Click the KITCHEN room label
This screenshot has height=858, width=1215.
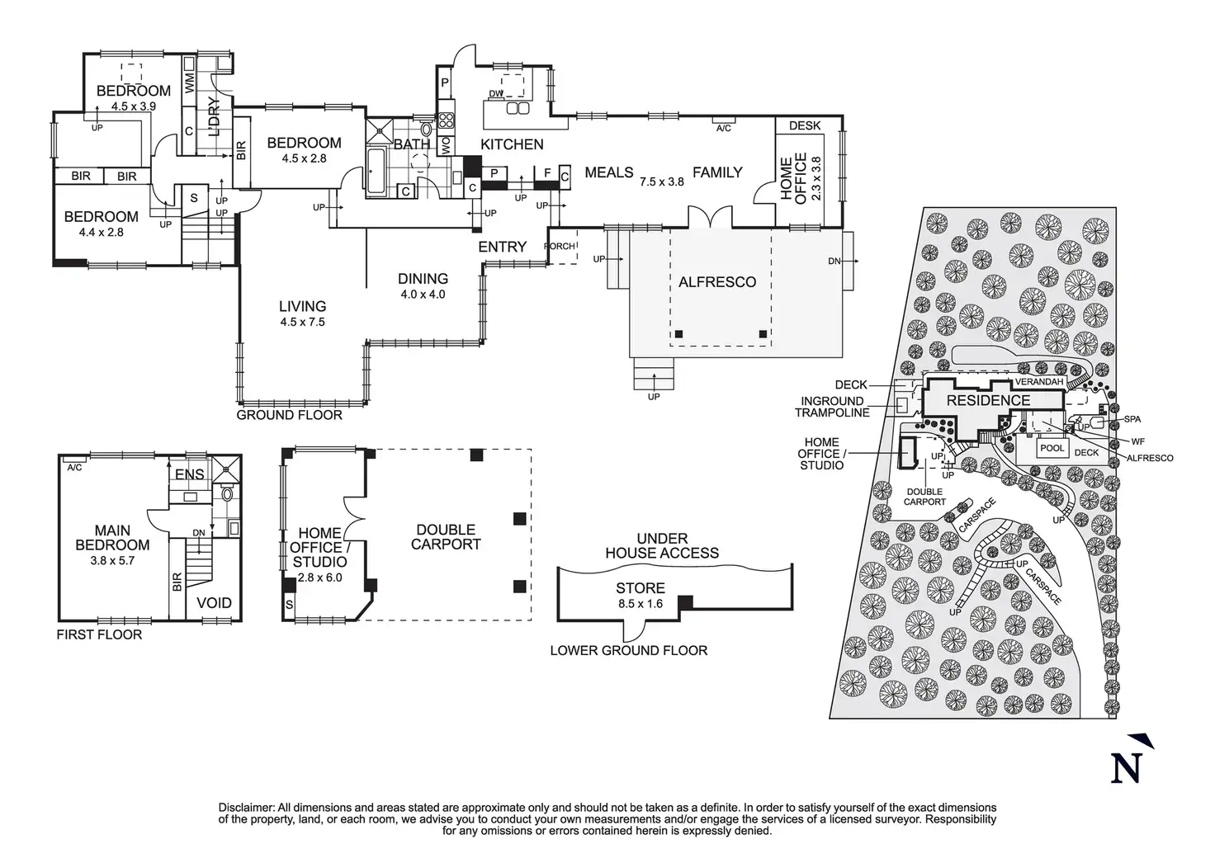point(512,144)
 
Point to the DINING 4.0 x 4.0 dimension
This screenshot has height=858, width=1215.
point(423,295)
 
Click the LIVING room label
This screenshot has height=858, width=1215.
point(302,306)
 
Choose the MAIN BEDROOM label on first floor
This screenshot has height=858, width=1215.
point(112,538)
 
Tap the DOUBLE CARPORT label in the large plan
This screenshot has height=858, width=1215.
point(445,536)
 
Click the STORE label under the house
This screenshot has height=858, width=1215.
point(640,588)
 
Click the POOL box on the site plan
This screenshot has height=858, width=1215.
point(1052,449)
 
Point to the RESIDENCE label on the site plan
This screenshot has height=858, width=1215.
point(988,401)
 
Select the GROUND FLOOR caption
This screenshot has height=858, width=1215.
point(289,415)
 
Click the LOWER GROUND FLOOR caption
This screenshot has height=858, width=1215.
point(628,650)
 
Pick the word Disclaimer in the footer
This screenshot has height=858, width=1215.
point(246,807)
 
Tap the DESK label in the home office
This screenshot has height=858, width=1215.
point(805,125)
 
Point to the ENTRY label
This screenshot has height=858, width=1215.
point(502,247)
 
